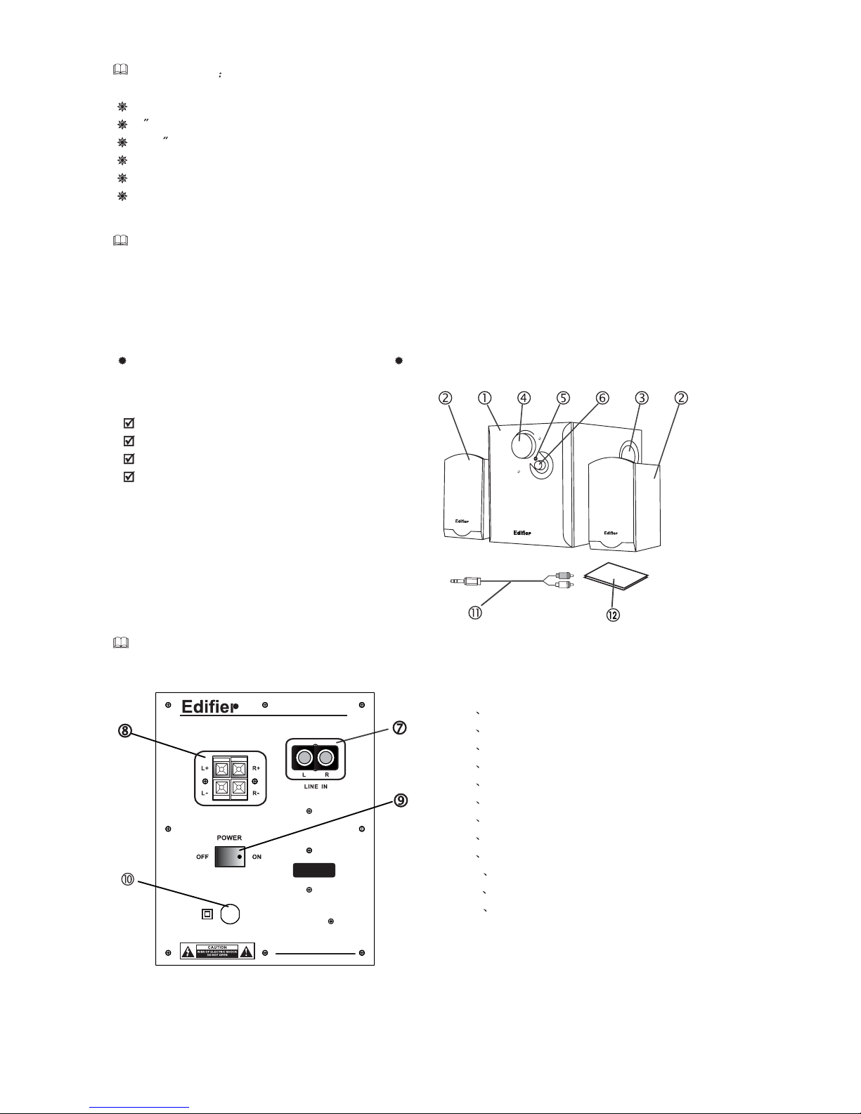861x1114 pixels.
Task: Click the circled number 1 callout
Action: click(484, 398)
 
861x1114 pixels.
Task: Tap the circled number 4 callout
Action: click(524, 398)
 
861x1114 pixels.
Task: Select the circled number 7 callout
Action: click(399, 728)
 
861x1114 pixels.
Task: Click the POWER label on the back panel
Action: click(229, 838)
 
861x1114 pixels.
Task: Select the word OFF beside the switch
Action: click(202, 857)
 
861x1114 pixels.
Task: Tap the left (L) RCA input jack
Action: click(304, 758)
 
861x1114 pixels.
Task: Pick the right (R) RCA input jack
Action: click(325, 758)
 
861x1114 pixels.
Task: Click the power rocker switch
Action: click(229, 857)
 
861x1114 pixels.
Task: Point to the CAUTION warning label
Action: click(218, 951)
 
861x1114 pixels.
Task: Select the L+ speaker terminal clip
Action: click(221, 768)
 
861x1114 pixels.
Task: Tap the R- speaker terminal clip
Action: click(239, 787)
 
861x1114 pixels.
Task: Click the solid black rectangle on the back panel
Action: click(313, 870)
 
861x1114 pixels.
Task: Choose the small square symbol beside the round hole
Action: click(207, 914)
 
